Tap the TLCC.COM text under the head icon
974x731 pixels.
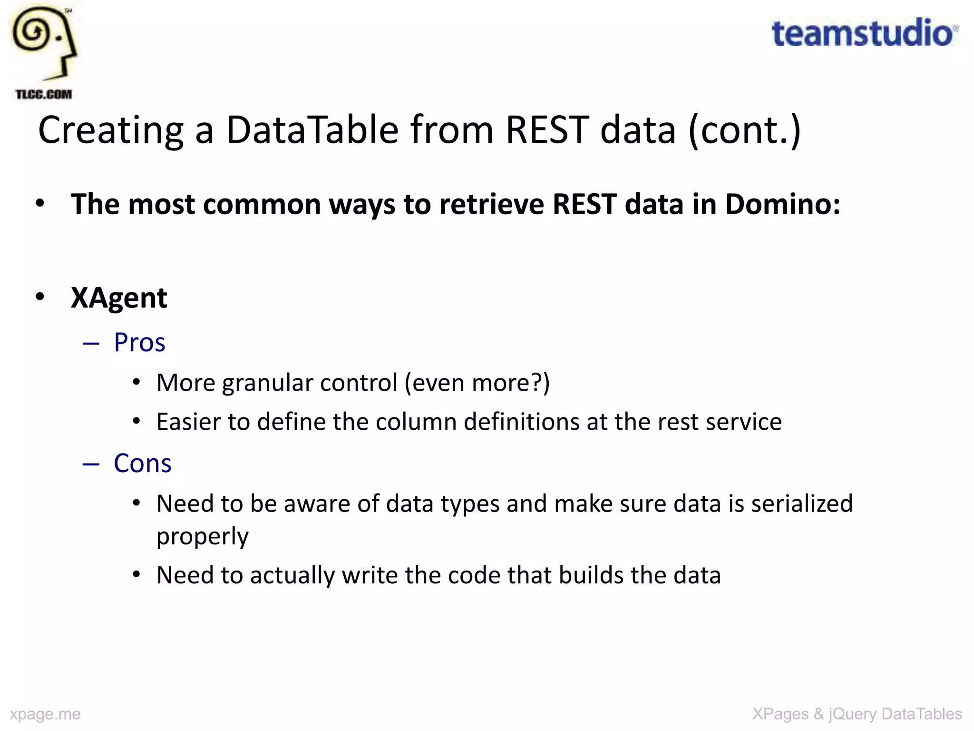coord(44,94)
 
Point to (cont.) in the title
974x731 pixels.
coord(745,131)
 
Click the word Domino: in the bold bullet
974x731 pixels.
coord(782,204)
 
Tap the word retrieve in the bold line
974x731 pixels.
coord(490,204)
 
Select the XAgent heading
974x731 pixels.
coord(119,298)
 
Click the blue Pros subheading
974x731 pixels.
coord(139,342)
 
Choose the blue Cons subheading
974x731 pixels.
coord(142,463)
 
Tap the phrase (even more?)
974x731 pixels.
coord(477,383)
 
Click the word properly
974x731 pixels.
coord(202,537)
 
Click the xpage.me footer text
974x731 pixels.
coord(45,714)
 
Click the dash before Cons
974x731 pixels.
coord(91,464)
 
